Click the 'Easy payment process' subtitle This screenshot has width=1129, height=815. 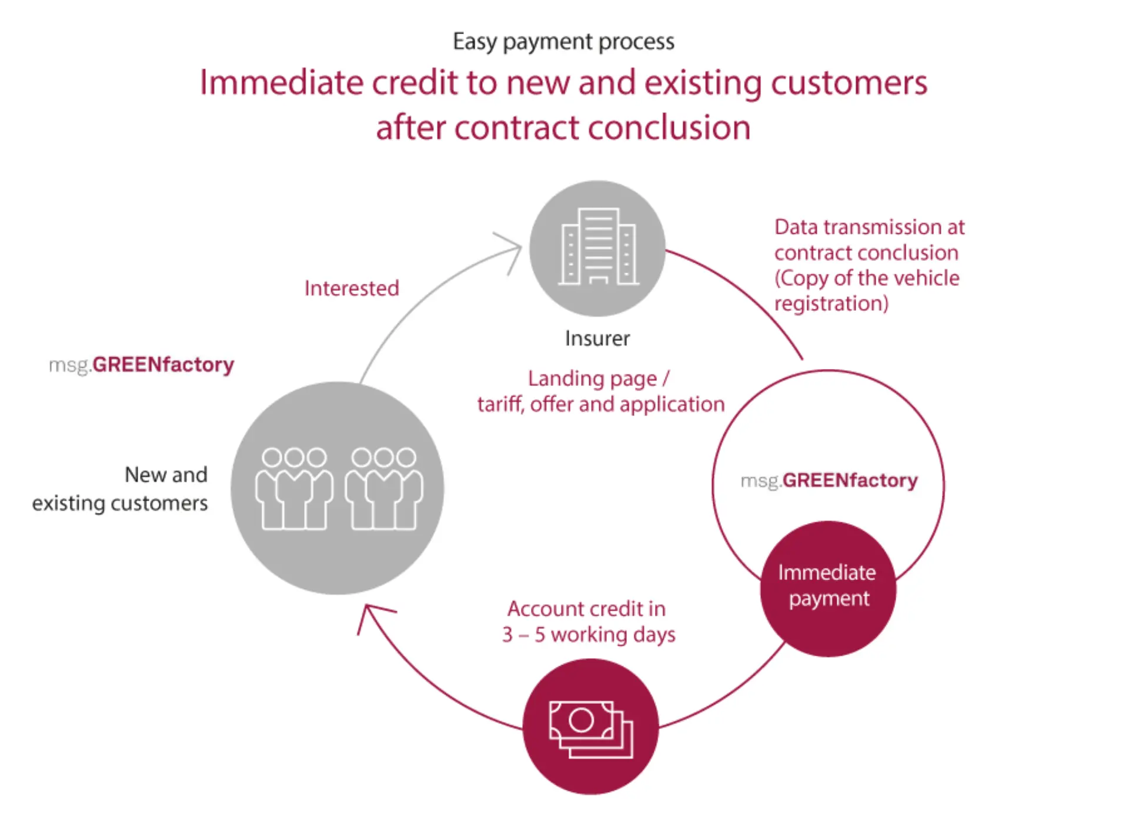click(x=563, y=42)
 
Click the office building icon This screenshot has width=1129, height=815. click(x=597, y=247)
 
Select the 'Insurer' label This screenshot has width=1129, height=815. click(x=597, y=338)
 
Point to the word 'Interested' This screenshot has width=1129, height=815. click(x=352, y=288)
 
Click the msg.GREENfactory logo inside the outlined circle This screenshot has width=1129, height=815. click(x=829, y=481)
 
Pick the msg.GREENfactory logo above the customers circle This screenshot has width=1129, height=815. click(x=141, y=365)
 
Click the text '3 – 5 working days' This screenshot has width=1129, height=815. click(x=589, y=635)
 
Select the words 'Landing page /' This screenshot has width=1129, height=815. click(x=598, y=378)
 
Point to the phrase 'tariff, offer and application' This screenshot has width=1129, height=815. click(x=600, y=404)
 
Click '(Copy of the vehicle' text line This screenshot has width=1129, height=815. click(x=866, y=278)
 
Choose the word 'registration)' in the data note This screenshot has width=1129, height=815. click(x=831, y=304)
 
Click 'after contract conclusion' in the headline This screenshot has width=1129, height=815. click(x=563, y=128)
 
